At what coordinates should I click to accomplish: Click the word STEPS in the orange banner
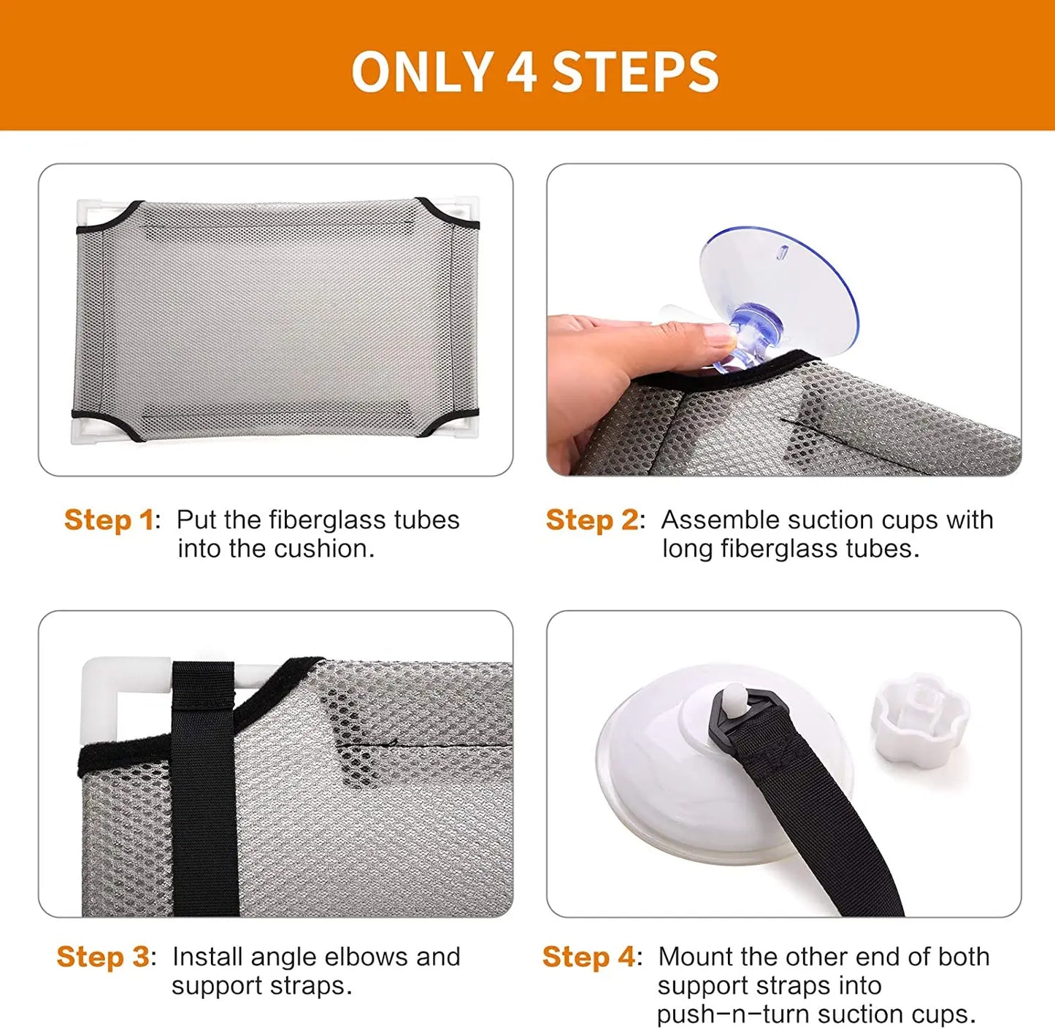click(635, 72)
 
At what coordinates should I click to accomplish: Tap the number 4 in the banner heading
click(522, 72)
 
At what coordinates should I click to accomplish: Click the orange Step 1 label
click(109, 520)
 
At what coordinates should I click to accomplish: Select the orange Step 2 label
click(592, 520)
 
